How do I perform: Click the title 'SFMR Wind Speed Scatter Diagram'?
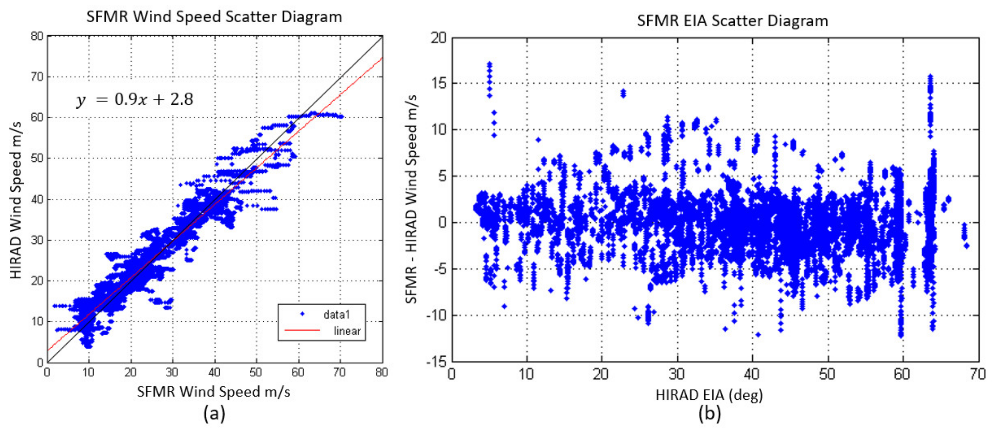coord(214,17)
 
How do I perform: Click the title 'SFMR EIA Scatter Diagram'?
coord(732,21)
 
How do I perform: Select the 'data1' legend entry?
coord(336,315)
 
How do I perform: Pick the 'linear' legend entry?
coord(347,331)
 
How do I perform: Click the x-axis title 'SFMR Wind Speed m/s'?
coord(214,392)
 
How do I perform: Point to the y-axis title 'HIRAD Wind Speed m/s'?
coord(15,200)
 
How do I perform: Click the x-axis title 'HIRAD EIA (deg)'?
coord(709,395)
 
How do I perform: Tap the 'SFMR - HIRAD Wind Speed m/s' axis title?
coord(411,199)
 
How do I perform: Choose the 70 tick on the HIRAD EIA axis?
coord(977,374)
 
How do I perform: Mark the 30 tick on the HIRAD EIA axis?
coord(677,374)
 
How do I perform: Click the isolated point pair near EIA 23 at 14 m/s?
coord(623,93)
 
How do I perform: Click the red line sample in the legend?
coord(302,330)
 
